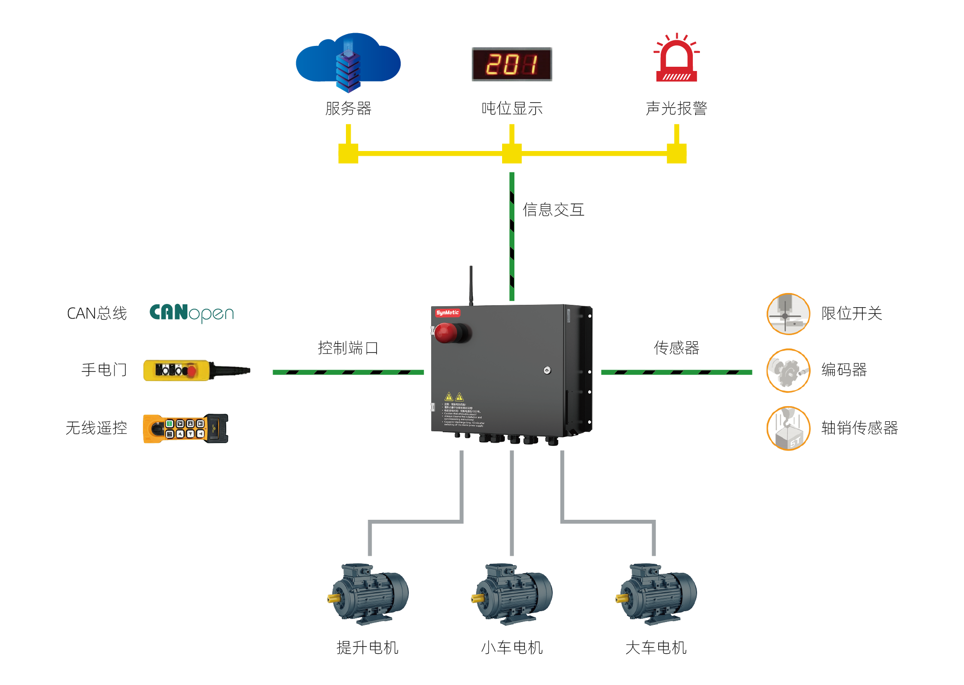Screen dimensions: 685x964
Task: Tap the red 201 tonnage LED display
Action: [x=512, y=64]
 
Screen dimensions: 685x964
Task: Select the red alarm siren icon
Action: [x=676, y=59]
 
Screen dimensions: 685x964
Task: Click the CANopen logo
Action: [x=192, y=313]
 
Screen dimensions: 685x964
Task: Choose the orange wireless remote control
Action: [x=186, y=428]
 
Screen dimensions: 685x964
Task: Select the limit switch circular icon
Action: [x=788, y=314]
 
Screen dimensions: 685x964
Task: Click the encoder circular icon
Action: [x=788, y=371]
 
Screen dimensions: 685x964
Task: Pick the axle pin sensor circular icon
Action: [x=788, y=428]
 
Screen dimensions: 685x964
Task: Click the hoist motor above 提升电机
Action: [x=368, y=594]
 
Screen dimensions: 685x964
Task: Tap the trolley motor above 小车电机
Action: [x=512, y=594]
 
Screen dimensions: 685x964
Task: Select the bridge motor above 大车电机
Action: [x=656, y=594]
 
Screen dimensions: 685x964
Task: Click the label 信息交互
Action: [x=553, y=210]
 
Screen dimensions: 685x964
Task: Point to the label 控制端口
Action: [x=348, y=348]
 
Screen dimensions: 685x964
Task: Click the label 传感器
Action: [x=676, y=348]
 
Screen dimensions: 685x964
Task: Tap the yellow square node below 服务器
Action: [x=348, y=153]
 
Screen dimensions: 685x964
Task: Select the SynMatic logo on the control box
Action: [x=447, y=312]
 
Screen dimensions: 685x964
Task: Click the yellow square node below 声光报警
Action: [x=676, y=153]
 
